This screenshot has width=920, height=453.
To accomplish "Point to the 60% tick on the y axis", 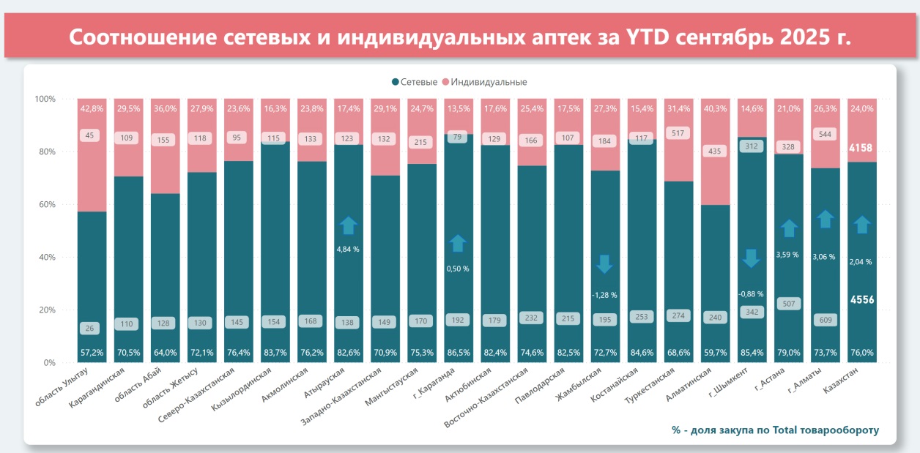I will click(45, 205).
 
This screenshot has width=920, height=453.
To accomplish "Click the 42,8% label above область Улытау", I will click(92, 108).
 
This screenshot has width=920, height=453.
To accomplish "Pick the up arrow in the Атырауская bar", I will click(349, 225).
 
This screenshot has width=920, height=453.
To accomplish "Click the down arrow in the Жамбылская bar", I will click(604, 263).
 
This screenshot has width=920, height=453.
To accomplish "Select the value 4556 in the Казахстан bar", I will click(861, 299).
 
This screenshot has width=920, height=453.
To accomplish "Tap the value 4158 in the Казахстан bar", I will click(861, 147).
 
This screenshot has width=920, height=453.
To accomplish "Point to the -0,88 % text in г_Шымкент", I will click(751, 294).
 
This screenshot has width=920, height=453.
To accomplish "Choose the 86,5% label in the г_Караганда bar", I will click(458, 353).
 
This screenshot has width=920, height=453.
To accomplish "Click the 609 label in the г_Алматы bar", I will click(825, 320).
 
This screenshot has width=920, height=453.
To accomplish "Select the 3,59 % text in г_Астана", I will click(788, 255).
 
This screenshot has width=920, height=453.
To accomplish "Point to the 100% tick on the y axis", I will click(45, 99).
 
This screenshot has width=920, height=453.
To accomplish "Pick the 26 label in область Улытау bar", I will click(92, 329).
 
